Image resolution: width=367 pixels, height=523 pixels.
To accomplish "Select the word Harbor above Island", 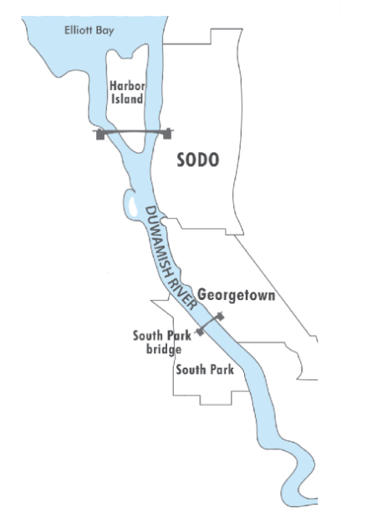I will (x=127, y=84).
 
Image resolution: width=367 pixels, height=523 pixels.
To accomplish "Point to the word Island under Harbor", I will (x=128, y=99).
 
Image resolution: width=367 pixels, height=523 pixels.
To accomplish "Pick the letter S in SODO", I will (x=181, y=160).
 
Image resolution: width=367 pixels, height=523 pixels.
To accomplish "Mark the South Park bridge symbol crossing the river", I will (x=210, y=323).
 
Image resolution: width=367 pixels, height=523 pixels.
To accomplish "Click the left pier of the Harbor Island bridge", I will (x=100, y=133).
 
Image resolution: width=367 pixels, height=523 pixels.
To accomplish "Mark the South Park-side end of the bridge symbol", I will (x=199, y=331).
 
